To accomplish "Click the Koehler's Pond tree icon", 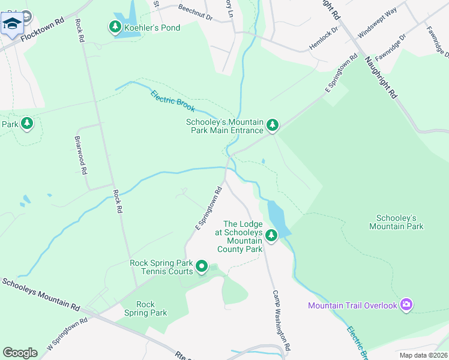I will coord(115,27).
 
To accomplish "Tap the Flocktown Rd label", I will coord(42,28).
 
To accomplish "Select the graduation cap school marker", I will coord(11,24).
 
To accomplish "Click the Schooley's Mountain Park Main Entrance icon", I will coord(273,125).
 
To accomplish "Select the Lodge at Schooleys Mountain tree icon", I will coord(271,235).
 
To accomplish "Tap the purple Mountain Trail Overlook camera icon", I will coord(407,305).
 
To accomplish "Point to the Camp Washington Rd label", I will coord(282,321).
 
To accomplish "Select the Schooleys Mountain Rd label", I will coord(40,295).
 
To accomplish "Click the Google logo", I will coord(20,352).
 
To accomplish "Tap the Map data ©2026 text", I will coord(423,355).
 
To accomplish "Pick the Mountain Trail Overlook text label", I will coord(352,305).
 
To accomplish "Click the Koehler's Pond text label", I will coord(152,28).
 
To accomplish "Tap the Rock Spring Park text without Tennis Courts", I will coord(145,308).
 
